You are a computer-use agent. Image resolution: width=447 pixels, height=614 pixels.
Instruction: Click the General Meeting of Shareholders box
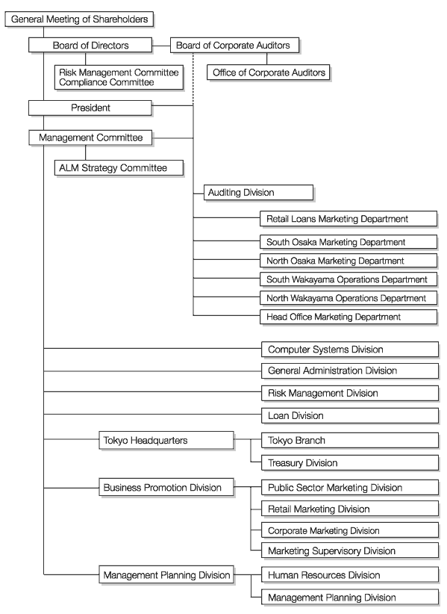[x=79, y=19]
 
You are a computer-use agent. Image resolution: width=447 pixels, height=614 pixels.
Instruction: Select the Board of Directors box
[x=90, y=46]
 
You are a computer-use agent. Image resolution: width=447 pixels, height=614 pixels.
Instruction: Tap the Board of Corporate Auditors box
[x=234, y=46]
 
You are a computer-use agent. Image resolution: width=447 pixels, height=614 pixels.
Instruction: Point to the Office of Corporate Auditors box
[x=269, y=73]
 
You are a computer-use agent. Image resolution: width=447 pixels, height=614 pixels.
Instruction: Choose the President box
[x=90, y=108]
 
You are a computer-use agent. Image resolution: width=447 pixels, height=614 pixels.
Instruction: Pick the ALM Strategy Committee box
[x=119, y=168]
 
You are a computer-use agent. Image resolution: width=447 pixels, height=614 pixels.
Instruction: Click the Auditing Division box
[x=258, y=193]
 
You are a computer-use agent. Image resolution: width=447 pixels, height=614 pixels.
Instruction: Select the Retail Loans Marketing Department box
[x=348, y=219]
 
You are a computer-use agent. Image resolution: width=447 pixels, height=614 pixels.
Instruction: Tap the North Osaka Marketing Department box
[x=348, y=261]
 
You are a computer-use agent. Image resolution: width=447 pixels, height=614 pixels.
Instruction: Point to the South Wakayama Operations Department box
[x=348, y=279]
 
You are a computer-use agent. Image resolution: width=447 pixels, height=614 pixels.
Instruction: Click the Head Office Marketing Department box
[x=348, y=317]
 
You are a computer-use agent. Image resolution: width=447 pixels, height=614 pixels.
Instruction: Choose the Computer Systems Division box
[x=350, y=350]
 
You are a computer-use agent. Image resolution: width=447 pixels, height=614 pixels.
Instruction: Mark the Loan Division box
[x=350, y=416]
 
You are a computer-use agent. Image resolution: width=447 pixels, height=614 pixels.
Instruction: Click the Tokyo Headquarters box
[x=166, y=441]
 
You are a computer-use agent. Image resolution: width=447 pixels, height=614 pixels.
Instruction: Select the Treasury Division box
[x=350, y=463]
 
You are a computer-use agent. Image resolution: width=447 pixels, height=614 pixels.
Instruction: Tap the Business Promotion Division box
[x=166, y=488]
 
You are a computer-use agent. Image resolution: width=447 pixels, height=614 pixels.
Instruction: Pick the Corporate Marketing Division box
[x=350, y=530]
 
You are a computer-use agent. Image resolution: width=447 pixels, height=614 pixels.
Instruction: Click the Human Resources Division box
[x=350, y=575]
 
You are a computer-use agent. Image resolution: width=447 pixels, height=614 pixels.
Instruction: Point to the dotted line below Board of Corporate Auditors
[x=193, y=79]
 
